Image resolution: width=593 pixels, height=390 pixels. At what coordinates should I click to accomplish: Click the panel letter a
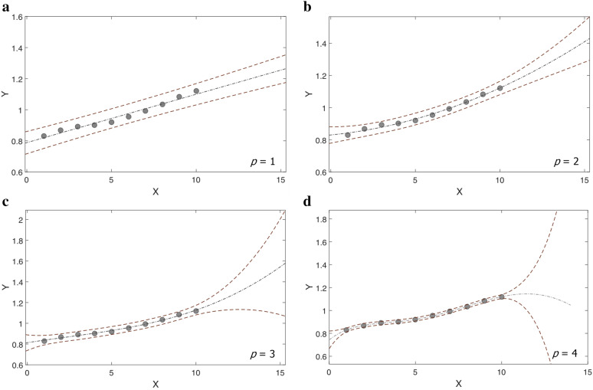point(5,7)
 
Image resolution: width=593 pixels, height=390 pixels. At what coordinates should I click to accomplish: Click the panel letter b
point(307,7)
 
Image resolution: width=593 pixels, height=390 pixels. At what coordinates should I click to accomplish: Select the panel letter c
point(5,202)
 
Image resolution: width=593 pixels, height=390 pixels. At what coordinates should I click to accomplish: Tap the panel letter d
point(307,202)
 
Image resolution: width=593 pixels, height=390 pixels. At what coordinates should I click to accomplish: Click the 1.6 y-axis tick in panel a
point(15,15)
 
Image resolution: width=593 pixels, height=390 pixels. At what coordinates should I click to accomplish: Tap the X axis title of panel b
point(458,190)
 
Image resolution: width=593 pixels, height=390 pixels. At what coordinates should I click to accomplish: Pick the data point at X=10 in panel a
point(196,91)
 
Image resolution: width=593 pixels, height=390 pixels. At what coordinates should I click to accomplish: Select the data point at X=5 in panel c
point(111,332)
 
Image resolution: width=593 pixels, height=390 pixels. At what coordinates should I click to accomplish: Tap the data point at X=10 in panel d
point(502,297)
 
